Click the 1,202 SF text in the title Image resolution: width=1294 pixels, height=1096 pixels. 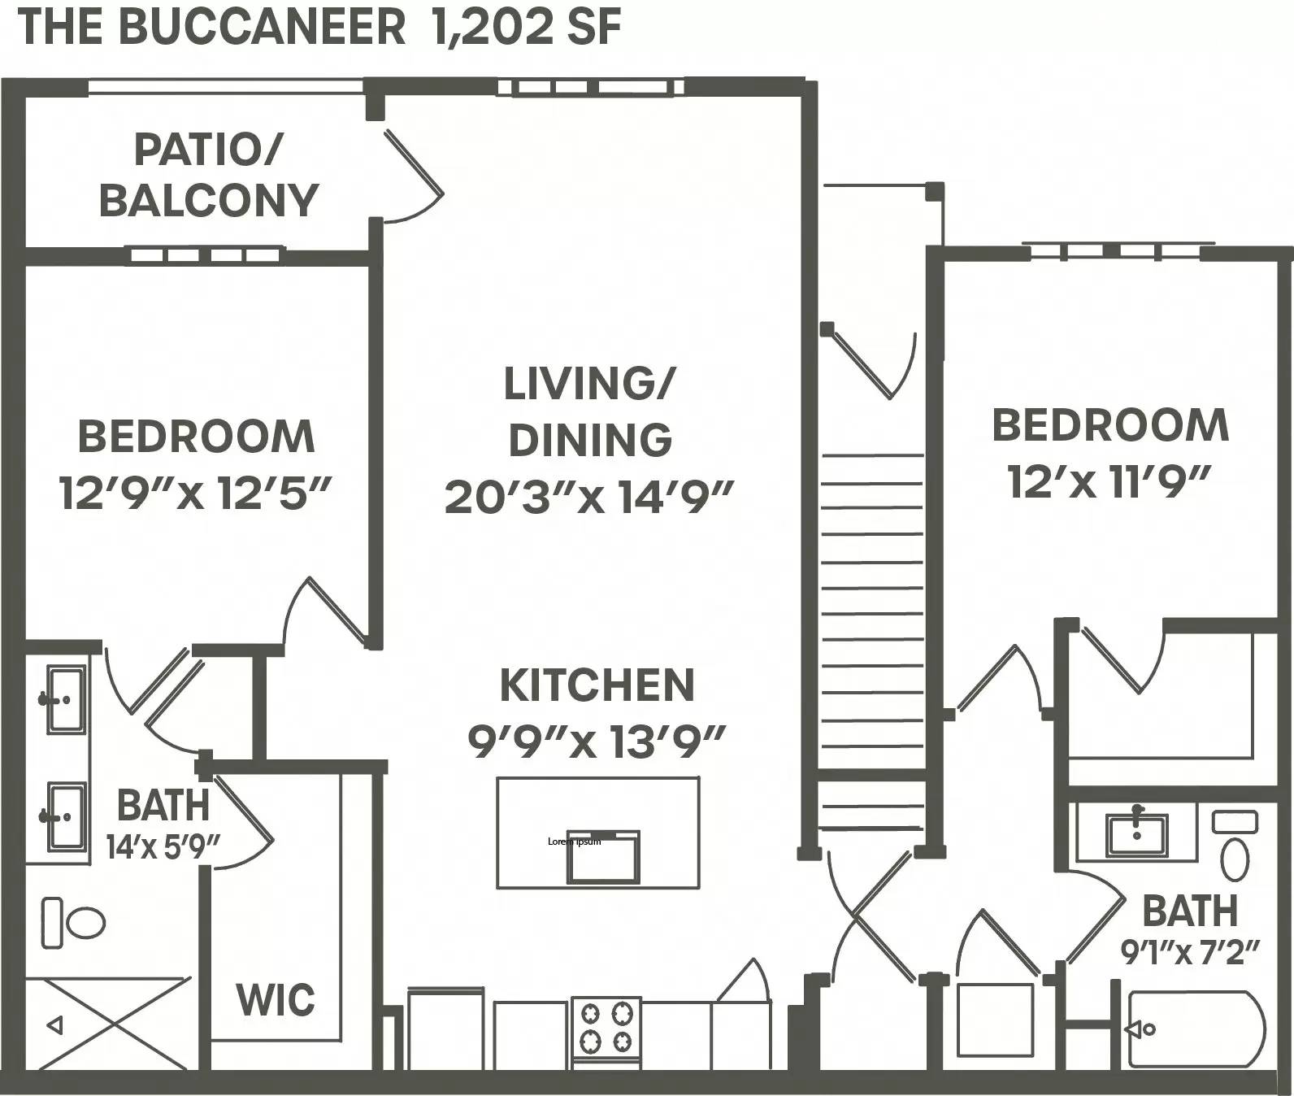coord(528,27)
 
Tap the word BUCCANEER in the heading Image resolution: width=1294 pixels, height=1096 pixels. coord(262,27)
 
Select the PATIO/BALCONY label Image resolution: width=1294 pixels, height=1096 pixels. coord(208,175)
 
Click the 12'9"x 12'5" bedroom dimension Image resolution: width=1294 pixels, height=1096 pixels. coord(196,493)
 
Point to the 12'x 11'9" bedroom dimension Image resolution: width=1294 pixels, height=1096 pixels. coord(1110,481)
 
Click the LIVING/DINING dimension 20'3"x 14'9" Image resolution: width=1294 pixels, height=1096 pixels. coord(589,497)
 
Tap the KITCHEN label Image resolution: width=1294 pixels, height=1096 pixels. coord(597,685)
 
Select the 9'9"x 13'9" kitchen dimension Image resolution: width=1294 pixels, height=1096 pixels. coord(597,741)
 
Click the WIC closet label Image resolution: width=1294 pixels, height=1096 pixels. coord(276,999)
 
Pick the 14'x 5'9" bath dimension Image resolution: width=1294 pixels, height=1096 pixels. coord(163,846)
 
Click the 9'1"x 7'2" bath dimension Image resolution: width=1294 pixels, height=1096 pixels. coord(1190,951)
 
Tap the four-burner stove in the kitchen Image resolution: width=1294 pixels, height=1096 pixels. coord(606,1027)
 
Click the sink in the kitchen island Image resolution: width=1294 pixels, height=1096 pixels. coord(603,858)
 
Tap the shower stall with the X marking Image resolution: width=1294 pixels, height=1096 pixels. coord(106,1024)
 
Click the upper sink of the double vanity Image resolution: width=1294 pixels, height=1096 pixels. coord(65,699)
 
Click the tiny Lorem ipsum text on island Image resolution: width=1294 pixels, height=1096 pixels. coord(575,842)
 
